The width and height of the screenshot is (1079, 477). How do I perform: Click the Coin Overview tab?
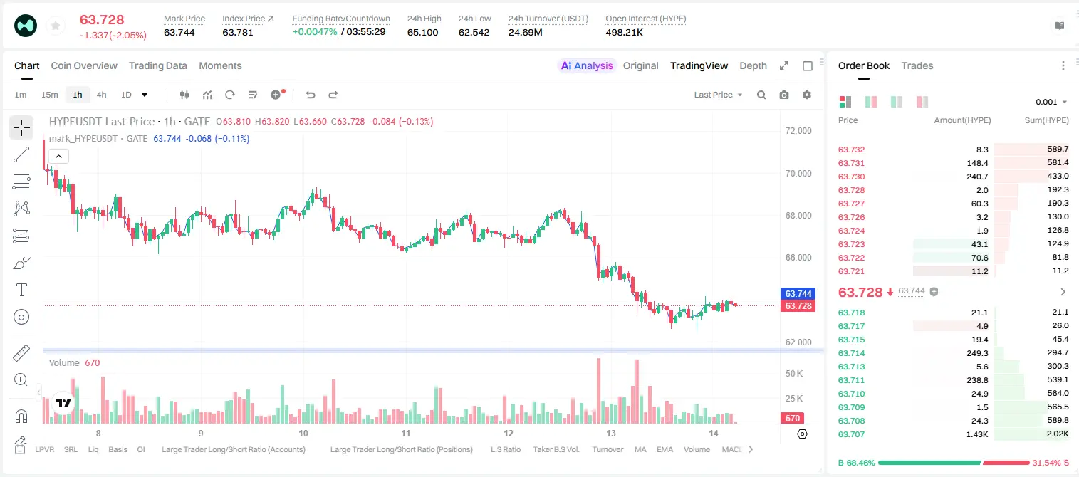click(x=84, y=65)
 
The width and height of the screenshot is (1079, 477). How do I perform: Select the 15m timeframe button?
click(x=50, y=95)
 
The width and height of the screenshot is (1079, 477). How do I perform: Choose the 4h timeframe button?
click(x=101, y=95)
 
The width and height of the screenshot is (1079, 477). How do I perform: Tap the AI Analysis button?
click(x=587, y=65)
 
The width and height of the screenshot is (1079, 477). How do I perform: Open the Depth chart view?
click(x=753, y=65)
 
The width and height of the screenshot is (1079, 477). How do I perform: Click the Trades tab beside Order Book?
click(x=917, y=65)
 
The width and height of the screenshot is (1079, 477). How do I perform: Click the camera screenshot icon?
click(x=784, y=95)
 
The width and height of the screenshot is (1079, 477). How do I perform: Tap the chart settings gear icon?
click(x=807, y=95)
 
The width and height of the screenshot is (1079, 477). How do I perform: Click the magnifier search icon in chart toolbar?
click(x=761, y=95)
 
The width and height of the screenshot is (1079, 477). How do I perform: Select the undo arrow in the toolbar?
click(x=311, y=95)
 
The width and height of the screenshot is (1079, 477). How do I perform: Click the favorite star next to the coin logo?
click(x=56, y=26)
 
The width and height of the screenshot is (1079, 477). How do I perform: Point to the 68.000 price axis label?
click(x=798, y=216)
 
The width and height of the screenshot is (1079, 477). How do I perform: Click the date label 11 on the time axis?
click(x=405, y=433)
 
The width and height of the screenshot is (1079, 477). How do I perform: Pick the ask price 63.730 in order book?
click(x=851, y=177)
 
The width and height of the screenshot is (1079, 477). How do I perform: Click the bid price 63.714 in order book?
click(x=851, y=353)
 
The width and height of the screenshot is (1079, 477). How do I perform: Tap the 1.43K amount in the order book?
click(x=977, y=434)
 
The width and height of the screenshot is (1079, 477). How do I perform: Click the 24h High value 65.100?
click(x=422, y=32)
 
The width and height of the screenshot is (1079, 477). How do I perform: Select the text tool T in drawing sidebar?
click(x=21, y=290)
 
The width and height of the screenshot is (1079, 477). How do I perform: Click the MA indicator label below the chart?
click(x=640, y=449)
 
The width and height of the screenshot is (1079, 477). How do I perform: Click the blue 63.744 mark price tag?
click(x=798, y=293)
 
